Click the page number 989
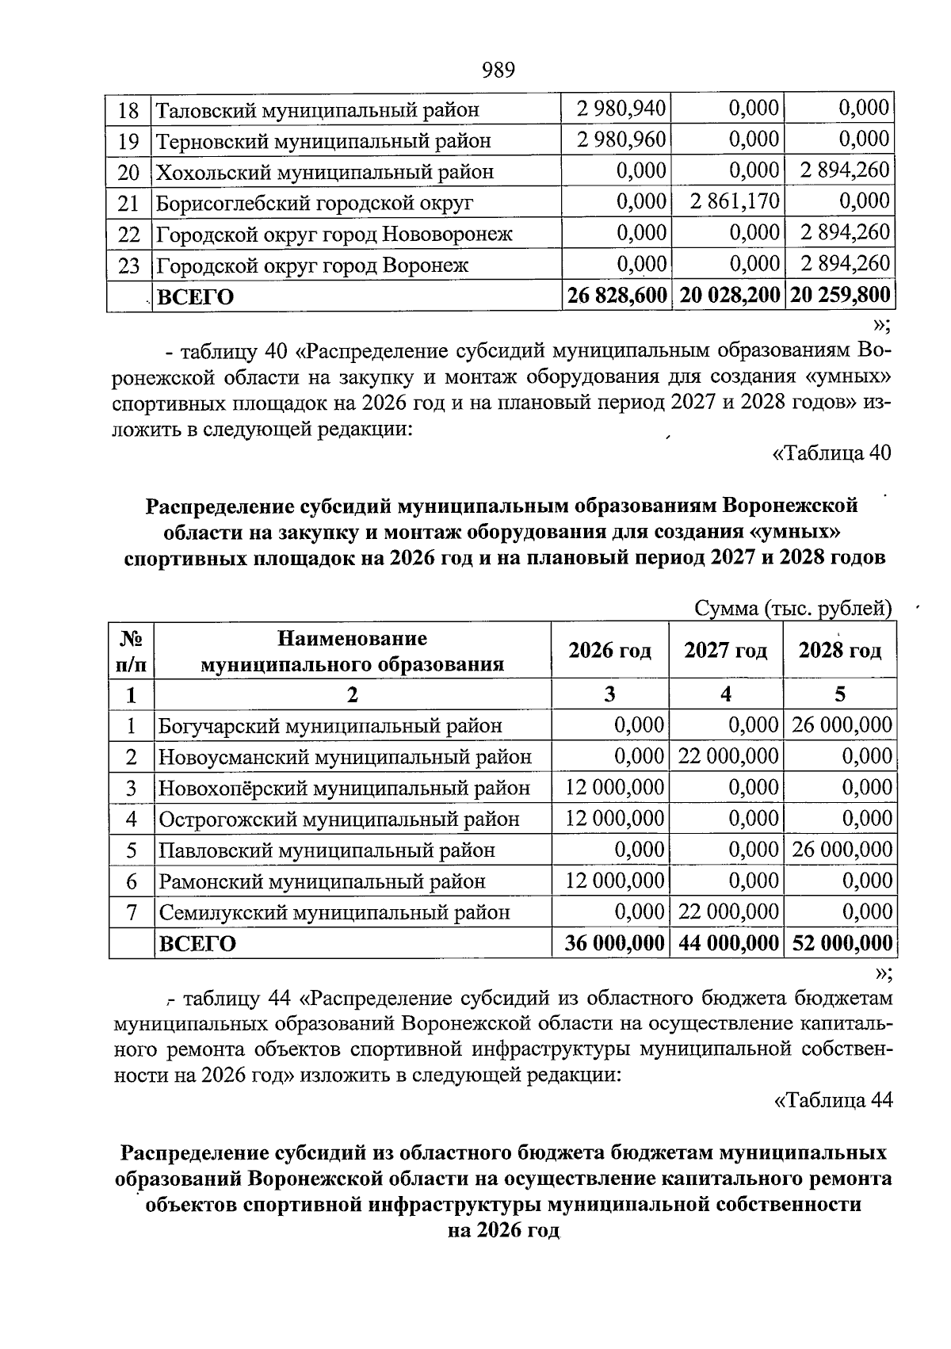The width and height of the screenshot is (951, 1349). coord(498,71)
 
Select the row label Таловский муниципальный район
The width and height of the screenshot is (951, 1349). coord(317,110)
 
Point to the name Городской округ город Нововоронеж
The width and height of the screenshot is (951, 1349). coord(334,234)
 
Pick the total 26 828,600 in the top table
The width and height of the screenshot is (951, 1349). coord(617,296)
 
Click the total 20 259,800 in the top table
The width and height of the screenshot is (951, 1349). coord(840,296)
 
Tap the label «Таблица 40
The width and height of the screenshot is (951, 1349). coord(831,453)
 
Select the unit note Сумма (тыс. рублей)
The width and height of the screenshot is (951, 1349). coord(792,608)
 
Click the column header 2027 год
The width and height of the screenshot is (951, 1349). coord(726,651)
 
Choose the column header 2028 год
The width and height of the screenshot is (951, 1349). coord(840,651)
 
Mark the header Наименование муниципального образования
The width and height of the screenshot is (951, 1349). coord(352,651)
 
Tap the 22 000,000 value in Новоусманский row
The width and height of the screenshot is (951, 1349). coord(728,756)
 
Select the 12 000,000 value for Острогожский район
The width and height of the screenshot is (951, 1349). coord(614,818)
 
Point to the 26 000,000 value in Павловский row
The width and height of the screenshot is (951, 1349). coord(842,850)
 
